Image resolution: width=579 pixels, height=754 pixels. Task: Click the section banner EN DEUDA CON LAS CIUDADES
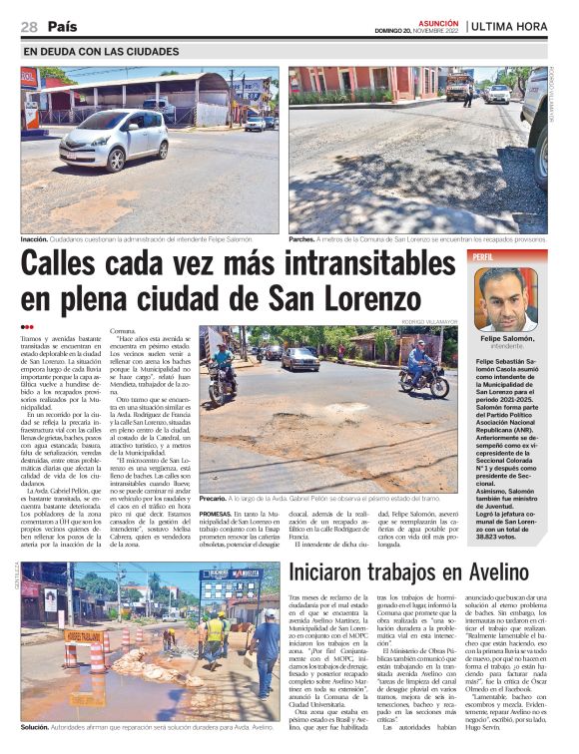point(101,51)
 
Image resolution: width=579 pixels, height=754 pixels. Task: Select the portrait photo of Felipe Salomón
point(506,298)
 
